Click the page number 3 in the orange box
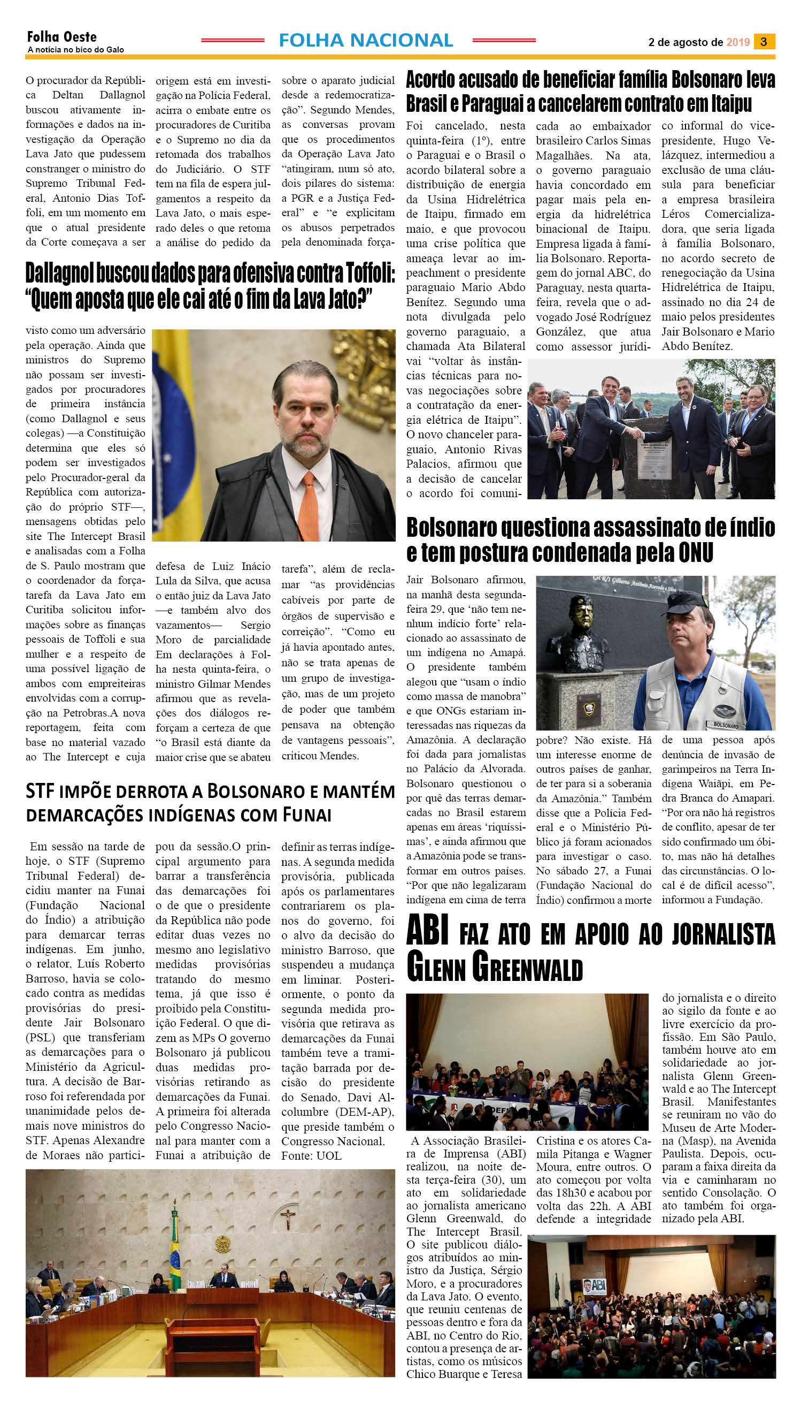(764, 42)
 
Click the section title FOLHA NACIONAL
(366, 40)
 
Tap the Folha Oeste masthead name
(61, 37)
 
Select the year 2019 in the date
(738, 42)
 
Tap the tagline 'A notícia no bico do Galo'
(75, 50)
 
